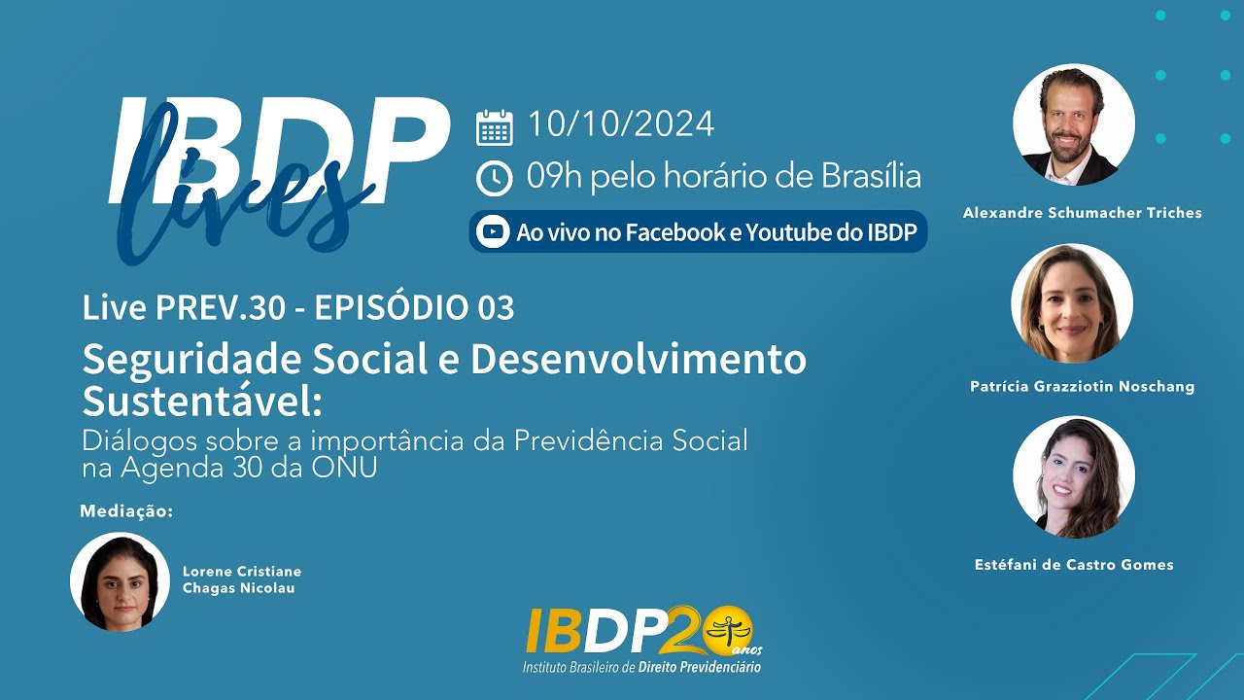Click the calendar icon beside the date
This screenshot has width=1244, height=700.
coord(494,127)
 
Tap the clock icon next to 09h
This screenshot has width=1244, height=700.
coord(494,178)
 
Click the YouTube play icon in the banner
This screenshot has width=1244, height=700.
coord(494,232)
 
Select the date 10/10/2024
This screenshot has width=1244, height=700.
coord(621,124)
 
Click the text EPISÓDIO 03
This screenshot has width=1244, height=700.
coord(415,307)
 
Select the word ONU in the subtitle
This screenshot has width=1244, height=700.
coord(347,467)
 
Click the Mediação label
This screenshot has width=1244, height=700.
coord(126,510)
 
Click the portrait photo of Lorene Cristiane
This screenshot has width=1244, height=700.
coord(120,581)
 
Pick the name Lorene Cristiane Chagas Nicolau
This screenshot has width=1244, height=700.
coord(242,579)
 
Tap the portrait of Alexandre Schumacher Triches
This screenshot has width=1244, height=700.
coord(1073,124)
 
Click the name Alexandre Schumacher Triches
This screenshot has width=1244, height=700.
coord(1082,212)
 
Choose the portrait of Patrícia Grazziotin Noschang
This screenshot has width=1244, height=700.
coord(1072,302)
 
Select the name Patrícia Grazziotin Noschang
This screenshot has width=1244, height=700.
coord(1082,386)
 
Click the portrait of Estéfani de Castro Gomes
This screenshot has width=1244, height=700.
coord(1073,477)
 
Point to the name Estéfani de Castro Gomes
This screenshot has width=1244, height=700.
coord(1074,564)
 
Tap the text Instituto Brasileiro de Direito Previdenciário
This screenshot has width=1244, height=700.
coord(641,667)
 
